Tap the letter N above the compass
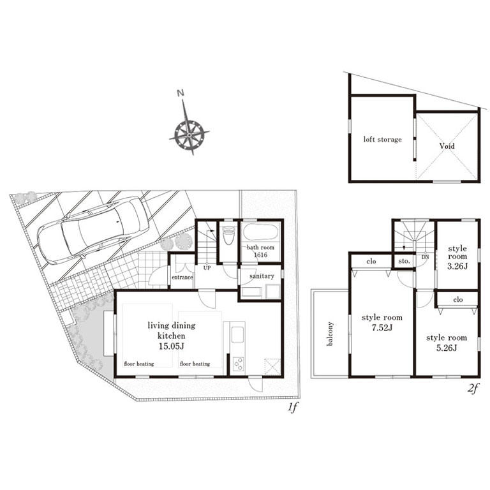click(x=180, y=93)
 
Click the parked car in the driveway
click(x=93, y=230)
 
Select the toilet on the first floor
click(x=227, y=235)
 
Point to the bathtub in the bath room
click(x=260, y=232)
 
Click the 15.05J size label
click(x=171, y=346)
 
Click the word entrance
click(x=182, y=277)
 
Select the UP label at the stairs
click(x=207, y=268)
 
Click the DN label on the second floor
click(x=425, y=257)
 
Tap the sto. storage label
click(x=404, y=261)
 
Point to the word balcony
click(x=330, y=334)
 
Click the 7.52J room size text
click(x=382, y=328)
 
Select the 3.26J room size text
click(x=457, y=266)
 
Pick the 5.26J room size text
click(x=447, y=348)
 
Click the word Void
click(x=447, y=146)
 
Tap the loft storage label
click(x=383, y=139)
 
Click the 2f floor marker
click(x=473, y=389)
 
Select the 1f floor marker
click(x=293, y=408)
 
